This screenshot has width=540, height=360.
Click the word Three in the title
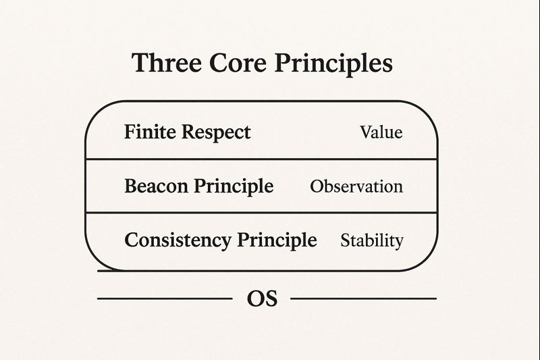167,63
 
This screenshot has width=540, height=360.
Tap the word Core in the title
238,63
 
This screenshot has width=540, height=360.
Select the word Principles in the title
333,64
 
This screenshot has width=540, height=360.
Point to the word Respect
216,132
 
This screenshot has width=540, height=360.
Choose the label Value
381,132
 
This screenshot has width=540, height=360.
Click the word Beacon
156,186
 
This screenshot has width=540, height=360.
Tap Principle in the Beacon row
234,186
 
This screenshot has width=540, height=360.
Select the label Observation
356,186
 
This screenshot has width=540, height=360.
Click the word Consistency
178,240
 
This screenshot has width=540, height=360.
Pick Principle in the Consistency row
277,240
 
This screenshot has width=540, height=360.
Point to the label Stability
372,240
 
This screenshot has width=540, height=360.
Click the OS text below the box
262,299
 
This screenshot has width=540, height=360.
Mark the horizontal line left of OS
165,299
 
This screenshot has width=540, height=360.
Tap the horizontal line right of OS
364,299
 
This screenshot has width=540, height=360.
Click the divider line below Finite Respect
261,159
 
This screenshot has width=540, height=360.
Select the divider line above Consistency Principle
261,213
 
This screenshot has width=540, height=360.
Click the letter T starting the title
142,63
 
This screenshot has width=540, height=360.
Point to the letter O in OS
256,299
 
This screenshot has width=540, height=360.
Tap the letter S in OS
271,299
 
